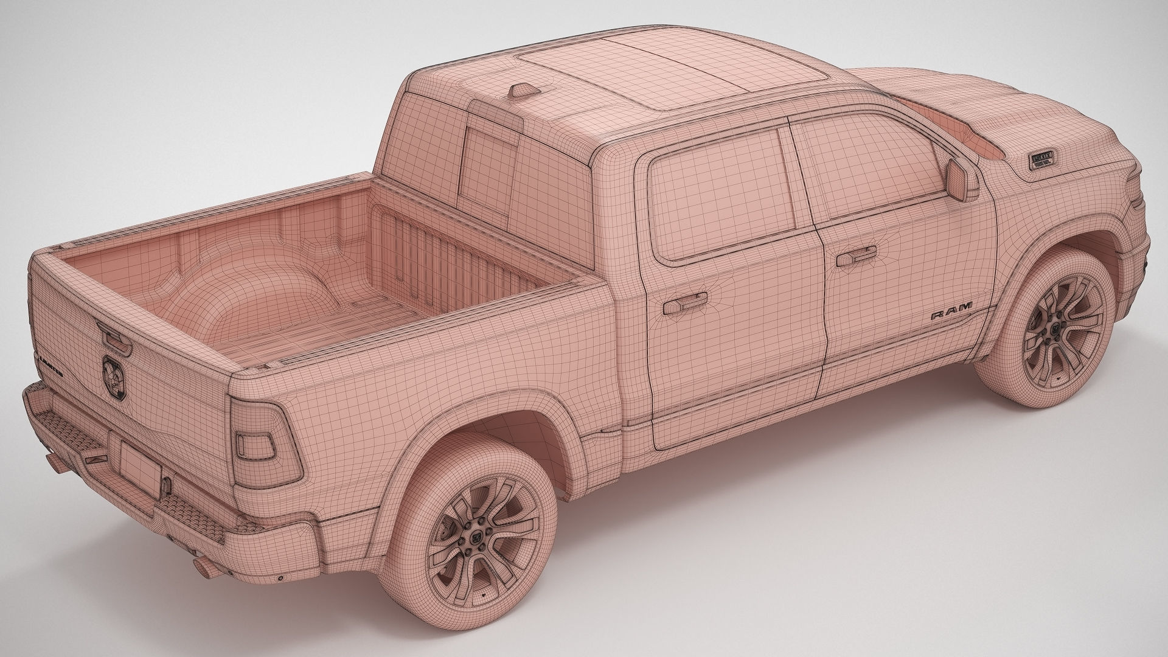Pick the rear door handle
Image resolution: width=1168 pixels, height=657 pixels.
point(685,303)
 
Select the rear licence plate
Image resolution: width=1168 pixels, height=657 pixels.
point(139,465)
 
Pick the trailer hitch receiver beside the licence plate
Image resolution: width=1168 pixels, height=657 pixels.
point(166,485)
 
